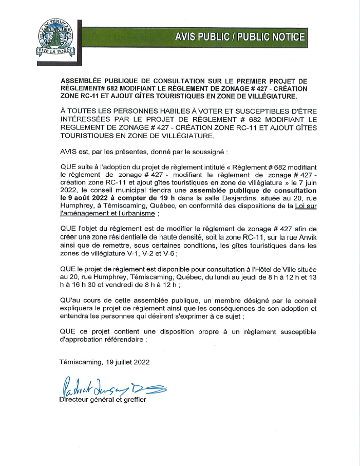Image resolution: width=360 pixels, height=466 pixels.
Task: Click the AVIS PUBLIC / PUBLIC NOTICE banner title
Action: click(240, 37)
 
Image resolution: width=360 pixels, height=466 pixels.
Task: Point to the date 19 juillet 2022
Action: click(118, 362)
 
